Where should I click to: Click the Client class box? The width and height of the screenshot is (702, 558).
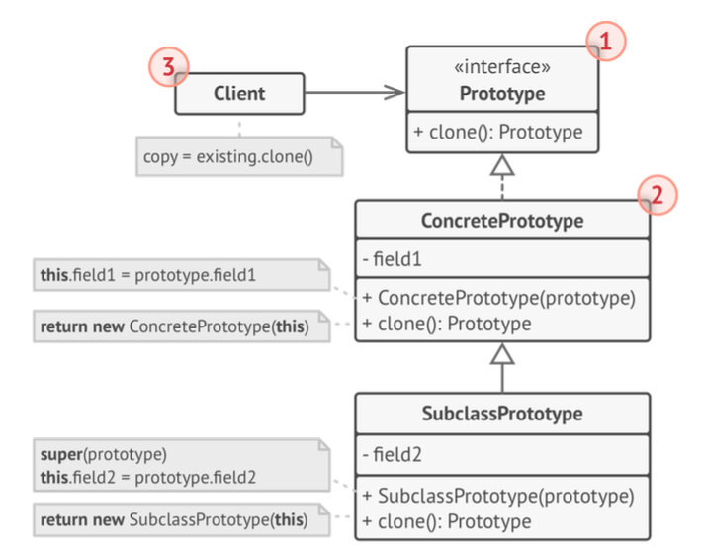pyautogui.click(x=239, y=94)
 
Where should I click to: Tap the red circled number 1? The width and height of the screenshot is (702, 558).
pyautogui.click(x=606, y=41)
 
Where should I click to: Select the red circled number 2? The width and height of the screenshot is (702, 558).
pyautogui.click(x=658, y=195)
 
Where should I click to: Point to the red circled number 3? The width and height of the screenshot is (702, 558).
pyautogui.click(x=169, y=67)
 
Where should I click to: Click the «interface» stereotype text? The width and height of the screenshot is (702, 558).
pyautogui.click(x=502, y=67)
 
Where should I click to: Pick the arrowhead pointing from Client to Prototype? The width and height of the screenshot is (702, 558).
pyautogui.click(x=395, y=93)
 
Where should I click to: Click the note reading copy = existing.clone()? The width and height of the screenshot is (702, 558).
pyautogui.click(x=239, y=156)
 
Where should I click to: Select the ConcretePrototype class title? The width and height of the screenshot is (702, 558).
pyautogui.click(x=502, y=221)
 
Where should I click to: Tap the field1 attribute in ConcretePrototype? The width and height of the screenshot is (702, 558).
pyautogui.click(x=393, y=259)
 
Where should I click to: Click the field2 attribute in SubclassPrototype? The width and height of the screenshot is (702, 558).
pyautogui.click(x=393, y=454)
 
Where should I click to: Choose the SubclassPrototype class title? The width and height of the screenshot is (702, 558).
pyautogui.click(x=502, y=414)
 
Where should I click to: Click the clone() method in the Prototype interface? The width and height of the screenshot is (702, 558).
pyautogui.click(x=498, y=132)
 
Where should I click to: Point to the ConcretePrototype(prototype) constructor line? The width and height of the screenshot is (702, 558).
pyautogui.click(x=499, y=298)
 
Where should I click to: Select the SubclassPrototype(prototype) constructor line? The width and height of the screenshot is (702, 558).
pyautogui.click(x=498, y=497)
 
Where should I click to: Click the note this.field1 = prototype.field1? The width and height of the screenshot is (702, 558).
pyautogui.click(x=182, y=275)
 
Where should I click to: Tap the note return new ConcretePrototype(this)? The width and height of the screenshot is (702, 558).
pyautogui.click(x=182, y=326)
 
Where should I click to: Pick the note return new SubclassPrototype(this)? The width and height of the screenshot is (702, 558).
pyautogui.click(x=182, y=520)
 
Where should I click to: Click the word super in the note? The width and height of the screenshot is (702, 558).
pyautogui.click(x=61, y=454)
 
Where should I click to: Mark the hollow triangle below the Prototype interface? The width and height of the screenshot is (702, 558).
pyautogui.click(x=502, y=165)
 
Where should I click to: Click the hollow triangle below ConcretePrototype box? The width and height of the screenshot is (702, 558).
pyautogui.click(x=502, y=354)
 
